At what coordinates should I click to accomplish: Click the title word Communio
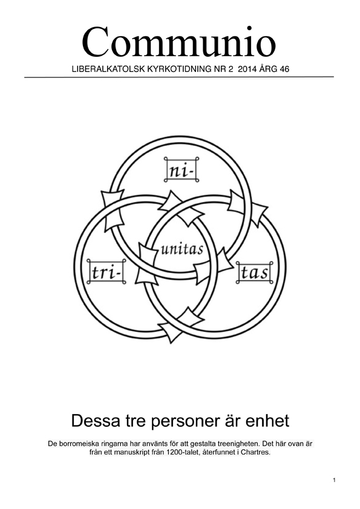point(178,42)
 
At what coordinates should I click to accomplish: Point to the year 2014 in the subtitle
point(247,69)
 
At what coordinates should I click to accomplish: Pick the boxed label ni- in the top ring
point(182,169)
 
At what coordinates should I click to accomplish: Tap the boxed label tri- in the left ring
point(106,271)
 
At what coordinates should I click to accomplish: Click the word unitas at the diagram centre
point(182,249)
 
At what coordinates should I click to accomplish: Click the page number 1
point(335,480)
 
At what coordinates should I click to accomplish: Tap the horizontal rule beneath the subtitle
point(179,77)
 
